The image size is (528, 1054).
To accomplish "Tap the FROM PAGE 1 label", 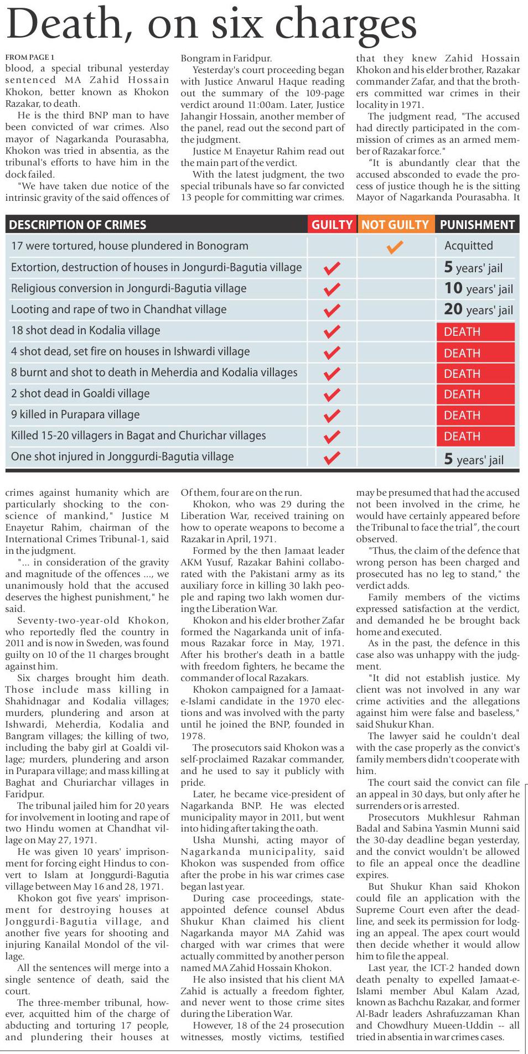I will [x=30, y=57].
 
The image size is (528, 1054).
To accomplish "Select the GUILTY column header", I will [x=332, y=225].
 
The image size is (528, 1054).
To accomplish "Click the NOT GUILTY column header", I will [x=395, y=225].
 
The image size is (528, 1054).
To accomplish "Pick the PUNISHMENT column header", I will [x=477, y=225].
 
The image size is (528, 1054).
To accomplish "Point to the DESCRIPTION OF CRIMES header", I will [x=77, y=225].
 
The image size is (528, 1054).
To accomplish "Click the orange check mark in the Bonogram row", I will [x=395, y=247].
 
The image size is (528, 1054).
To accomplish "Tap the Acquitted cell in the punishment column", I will [x=468, y=246].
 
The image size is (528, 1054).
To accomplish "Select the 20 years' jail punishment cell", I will [x=478, y=310].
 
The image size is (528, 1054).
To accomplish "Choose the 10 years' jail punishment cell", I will [x=478, y=289].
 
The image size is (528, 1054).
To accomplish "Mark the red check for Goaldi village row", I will [x=332, y=394].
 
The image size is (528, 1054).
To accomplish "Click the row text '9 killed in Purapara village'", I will [x=75, y=414].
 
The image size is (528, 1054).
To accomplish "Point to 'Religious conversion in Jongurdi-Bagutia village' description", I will [x=128, y=288].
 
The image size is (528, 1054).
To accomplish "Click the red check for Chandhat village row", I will [x=332, y=310].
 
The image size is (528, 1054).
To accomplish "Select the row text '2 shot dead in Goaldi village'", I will [x=80, y=393].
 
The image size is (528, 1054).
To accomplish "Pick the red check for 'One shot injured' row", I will [x=332, y=458].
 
